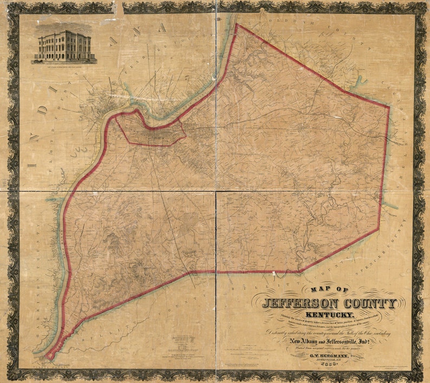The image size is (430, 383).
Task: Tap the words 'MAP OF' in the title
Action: point(328,290)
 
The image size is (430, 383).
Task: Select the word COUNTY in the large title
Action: point(370,304)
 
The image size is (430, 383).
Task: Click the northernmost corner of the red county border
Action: point(237,24)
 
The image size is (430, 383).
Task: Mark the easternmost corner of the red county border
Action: point(389,107)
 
